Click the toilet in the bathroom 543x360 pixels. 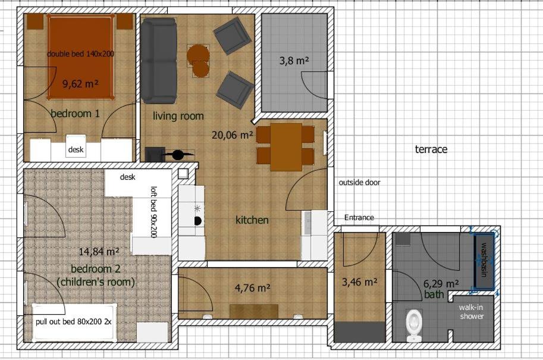[x=414, y=325]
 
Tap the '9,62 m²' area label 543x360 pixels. [x=81, y=83]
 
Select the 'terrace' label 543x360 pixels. [x=431, y=149]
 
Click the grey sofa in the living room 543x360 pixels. [x=159, y=61]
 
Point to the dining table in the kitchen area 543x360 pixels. [x=286, y=147]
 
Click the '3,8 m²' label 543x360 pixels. [x=294, y=61]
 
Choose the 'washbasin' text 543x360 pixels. [x=484, y=260]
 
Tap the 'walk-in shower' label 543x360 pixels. [x=471, y=311]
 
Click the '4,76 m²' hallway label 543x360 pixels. [x=252, y=287]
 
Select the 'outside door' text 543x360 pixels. [x=359, y=182]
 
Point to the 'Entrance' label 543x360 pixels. [x=359, y=218]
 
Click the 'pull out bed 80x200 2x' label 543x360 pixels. [x=74, y=321]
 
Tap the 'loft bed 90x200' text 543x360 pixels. [x=153, y=212]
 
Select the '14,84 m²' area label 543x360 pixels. [x=99, y=251]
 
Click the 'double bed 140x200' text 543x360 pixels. [x=80, y=54]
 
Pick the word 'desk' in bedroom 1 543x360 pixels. [x=76, y=149]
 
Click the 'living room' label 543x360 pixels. [x=178, y=115]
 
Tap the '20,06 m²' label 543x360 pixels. [x=233, y=134]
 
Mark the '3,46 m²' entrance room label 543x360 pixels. [x=360, y=282]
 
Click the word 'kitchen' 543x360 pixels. [x=252, y=220]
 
